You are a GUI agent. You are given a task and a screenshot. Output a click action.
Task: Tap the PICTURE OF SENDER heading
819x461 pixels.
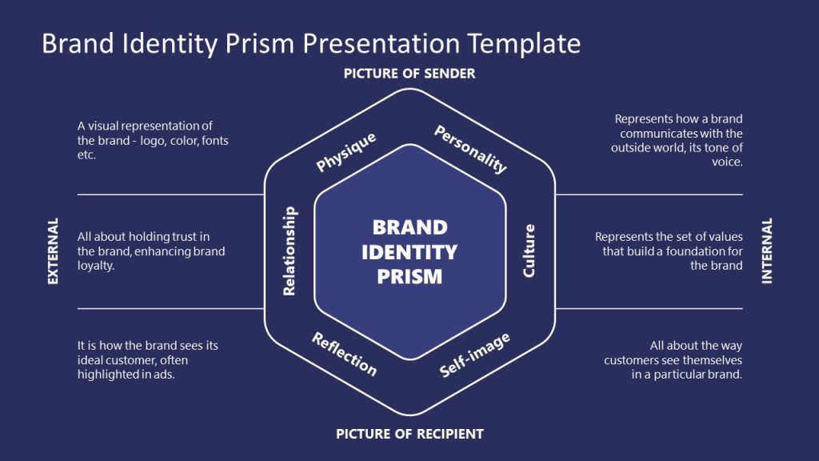(x=409, y=74)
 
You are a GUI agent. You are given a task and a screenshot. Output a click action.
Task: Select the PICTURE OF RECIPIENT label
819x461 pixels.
(x=409, y=434)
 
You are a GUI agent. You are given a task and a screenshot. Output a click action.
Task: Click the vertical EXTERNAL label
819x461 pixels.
(x=54, y=251)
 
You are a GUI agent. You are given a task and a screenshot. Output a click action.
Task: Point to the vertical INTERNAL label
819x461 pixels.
(x=767, y=251)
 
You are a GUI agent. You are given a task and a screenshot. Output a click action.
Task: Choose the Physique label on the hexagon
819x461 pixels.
(x=346, y=152)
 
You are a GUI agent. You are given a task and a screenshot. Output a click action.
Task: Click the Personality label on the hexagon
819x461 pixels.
(x=470, y=150)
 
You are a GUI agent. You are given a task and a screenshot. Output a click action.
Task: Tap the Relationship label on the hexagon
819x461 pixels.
(x=290, y=251)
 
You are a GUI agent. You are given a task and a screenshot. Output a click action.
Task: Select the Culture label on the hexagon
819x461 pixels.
(x=529, y=251)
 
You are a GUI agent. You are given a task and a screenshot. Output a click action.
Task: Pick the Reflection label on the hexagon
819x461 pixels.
(x=344, y=354)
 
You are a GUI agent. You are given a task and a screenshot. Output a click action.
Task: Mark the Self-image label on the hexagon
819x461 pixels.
(x=475, y=355)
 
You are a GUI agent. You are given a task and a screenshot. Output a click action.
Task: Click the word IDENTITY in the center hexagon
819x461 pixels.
(x=409, y=252)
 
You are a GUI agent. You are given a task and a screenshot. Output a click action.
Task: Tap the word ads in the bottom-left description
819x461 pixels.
(x=162, y=375)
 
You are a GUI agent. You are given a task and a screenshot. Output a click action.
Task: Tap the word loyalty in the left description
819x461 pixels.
(x=96, y=266)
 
